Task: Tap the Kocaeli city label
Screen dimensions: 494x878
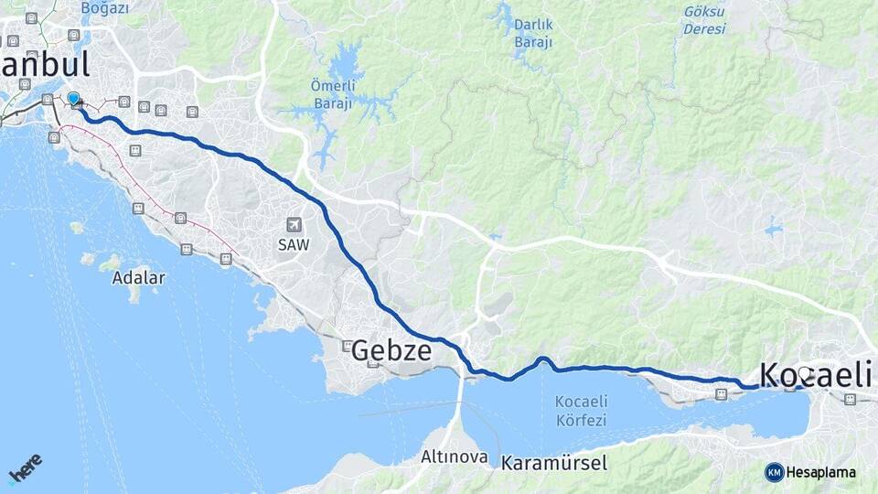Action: pyautogui.click(x=814, y=375)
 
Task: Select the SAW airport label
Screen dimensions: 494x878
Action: pyautogui.click(x=294, y=244)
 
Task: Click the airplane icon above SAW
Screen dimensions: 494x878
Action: pyautogui.click(x=294, y=225)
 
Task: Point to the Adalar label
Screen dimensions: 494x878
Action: pyautogui.click(x=139, y=277)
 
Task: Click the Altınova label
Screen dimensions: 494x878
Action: pyautogui.click(x=455, y=456)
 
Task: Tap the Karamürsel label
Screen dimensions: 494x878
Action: pyautogui.click(x=553, y=463)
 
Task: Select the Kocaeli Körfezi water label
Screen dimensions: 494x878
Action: pyautogui.click(x=581, y=411)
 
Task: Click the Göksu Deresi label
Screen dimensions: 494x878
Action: pyautogui.click(x=703, y=20)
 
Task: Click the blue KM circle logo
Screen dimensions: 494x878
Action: pyautogui.click(x=775, y=472)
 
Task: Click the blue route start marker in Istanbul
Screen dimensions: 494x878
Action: pyautogui.click(x=73, y=98)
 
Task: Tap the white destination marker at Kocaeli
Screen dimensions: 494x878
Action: pyautogui.click(x=805, y=373)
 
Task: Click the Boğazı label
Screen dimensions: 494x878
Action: pyautogui.click(x=104, y=8)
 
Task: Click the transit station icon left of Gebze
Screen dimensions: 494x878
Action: pyautogui.click(x=348, y=346)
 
